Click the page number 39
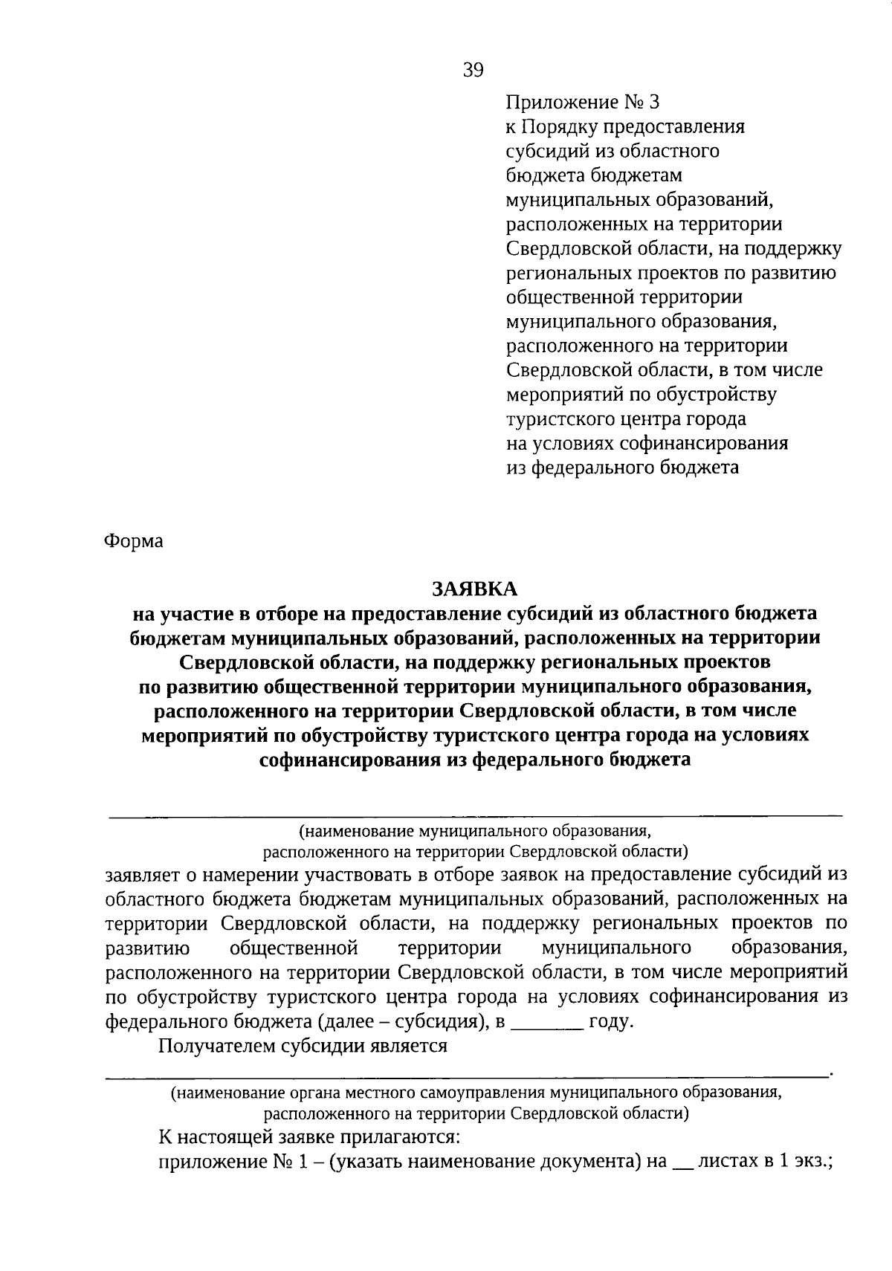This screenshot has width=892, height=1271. (x=473, y=70)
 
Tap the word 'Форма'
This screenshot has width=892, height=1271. (x=134, y=541)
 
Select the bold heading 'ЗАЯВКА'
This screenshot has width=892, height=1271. (x=475, y=589)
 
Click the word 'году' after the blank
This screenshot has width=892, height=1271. (x=610, y=1021)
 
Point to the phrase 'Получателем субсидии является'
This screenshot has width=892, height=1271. (x=303, y=1046)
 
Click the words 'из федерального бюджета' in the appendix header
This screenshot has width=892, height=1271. (x=622, y=468)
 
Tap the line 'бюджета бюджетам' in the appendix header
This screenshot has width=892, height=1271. (x=593, y=175)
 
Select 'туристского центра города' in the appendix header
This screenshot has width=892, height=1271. (x=626, y=419)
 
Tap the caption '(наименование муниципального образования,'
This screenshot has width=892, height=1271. (x=475, y=829)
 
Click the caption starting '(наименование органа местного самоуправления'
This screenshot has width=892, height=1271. (x=475, y=1093)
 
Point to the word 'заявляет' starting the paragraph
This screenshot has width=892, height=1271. (x=146, y=875)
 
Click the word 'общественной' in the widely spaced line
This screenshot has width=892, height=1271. (x=294, y=948)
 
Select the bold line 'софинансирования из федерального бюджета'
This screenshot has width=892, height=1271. (x=475, y=760)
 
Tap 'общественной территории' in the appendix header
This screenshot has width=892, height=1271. (x=624, y=297)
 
